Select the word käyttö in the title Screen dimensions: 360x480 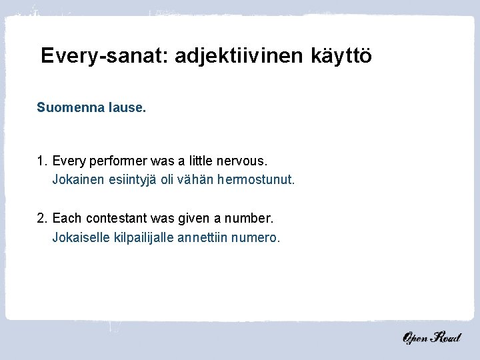(341, 55)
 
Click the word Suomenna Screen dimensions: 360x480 (71, 107)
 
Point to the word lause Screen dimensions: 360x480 (127, 107)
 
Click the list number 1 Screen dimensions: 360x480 (41, 161)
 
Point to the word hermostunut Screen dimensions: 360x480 (257, 180)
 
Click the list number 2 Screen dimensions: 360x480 (41, 218)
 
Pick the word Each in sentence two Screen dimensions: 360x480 (65, 218)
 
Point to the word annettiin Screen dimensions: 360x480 (203, 237)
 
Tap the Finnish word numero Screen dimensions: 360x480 (256, 237)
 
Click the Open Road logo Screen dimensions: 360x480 (431, 337)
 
